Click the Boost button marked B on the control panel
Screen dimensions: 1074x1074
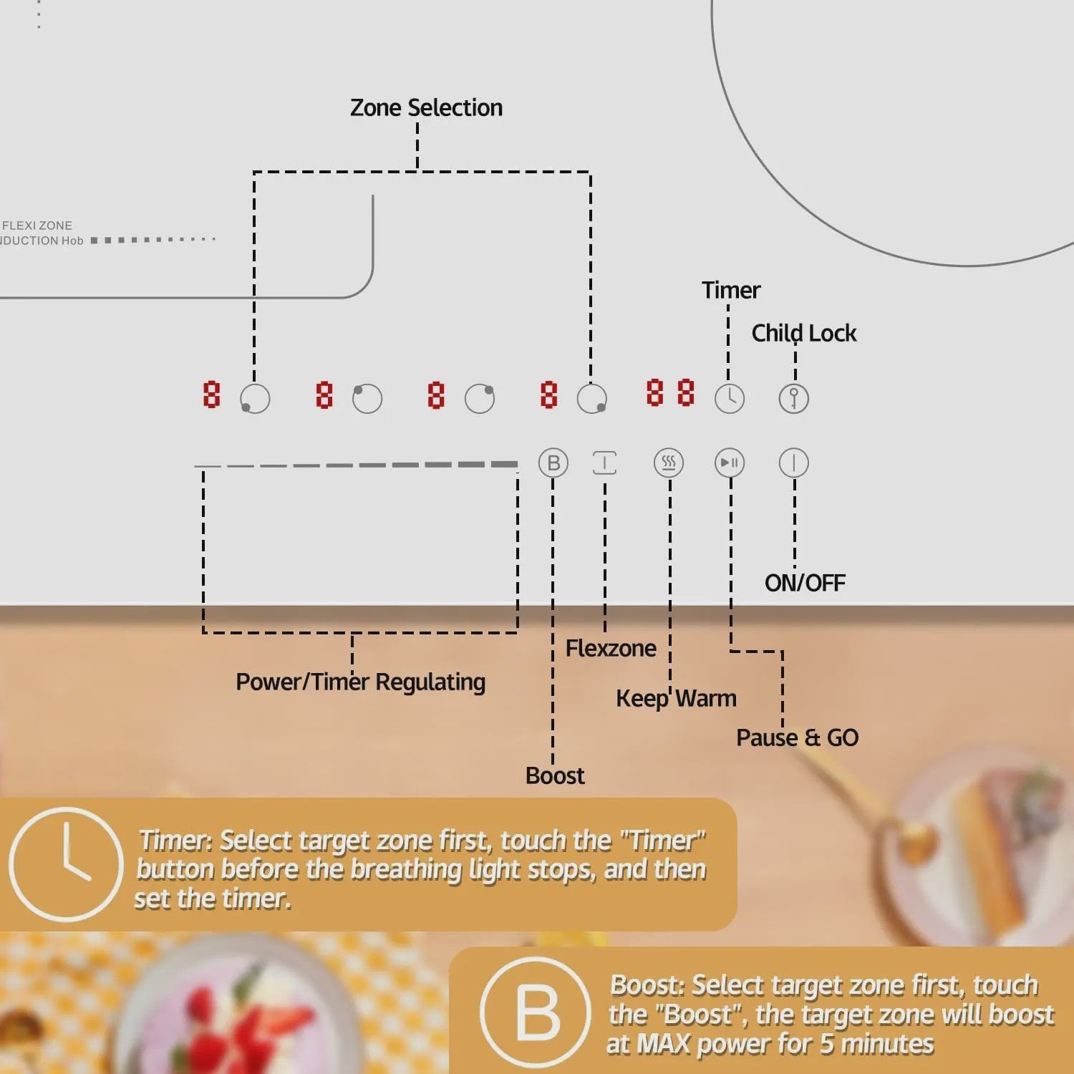coord(553,463)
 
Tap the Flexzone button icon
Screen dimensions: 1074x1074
coord(605,463)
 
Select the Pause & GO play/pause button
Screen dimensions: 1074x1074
coord(730,463)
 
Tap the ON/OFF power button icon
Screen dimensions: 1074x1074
coord(794,463)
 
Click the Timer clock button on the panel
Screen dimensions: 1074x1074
coord(730,399)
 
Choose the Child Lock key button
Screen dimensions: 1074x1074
coord(794,399)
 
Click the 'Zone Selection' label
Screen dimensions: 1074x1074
coord(426,108)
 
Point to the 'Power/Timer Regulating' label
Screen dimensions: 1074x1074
coord(361,682)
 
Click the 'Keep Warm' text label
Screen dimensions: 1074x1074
coord(676,698)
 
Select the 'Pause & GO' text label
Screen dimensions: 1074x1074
coord(798,737)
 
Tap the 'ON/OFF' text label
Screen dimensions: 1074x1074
coord(805,583)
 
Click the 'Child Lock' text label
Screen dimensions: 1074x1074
coord(804,333)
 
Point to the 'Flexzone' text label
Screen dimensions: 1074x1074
coord(611,649)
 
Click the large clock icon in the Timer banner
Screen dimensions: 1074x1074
coord(66,864)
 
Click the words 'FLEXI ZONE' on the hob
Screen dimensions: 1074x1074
coord(37,226)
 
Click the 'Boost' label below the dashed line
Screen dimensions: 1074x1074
coord(555,775)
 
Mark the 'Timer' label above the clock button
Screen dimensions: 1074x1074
coord(731,290)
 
